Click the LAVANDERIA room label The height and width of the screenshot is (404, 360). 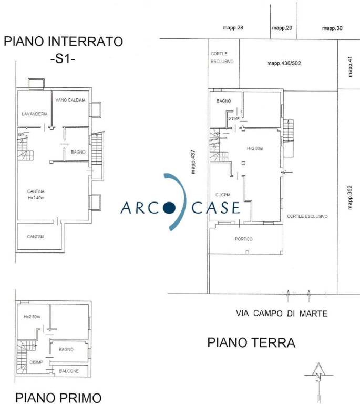pos(35,114)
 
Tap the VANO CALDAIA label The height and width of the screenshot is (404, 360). pos(70,100)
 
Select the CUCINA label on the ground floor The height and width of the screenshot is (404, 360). pos(223,195)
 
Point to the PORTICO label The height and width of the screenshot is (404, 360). pos(244,239)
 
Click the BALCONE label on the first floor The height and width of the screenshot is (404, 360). pos(69,371)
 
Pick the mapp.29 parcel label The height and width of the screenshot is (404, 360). pos(282,28)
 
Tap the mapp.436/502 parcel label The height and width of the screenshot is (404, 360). pos(284,63)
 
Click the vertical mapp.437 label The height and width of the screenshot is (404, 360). pos(193,162)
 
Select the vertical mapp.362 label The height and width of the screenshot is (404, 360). pos(349,198)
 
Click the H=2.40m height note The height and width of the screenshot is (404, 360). pos(36,198)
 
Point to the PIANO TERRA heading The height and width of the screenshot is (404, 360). pos(251,342)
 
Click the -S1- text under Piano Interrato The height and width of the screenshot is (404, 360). pos(63,59)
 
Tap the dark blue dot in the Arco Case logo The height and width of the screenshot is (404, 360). pos(169,208)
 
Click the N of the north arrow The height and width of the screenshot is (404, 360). pos(318,378)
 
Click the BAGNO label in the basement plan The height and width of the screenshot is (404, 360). pos(78,152)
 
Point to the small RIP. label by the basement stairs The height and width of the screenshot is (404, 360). pos(21,135)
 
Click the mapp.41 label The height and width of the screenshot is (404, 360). pos(349,67)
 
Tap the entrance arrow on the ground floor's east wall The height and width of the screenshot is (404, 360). pos(287,172)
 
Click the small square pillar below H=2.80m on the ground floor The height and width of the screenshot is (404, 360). pos(243,163)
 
